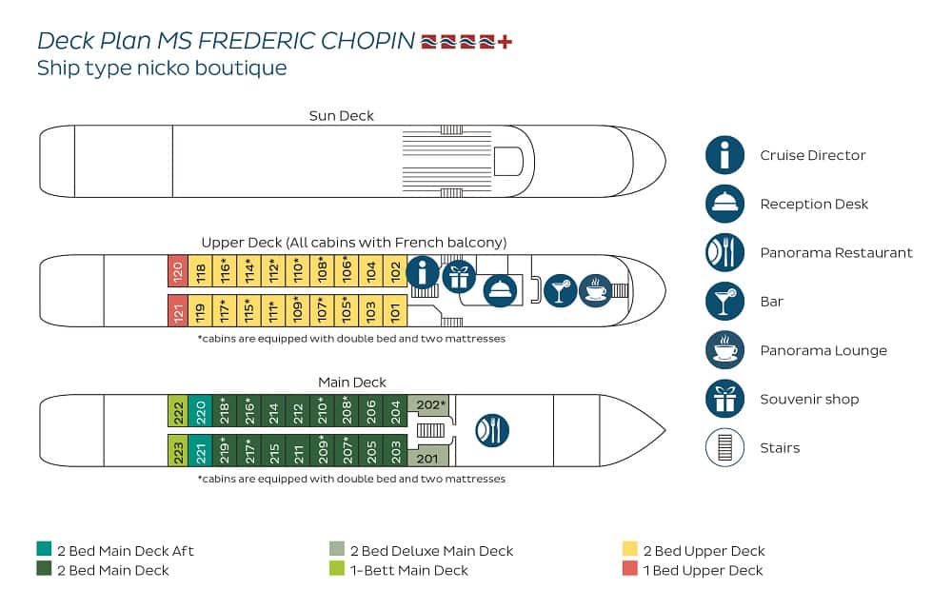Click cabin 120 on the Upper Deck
click(x=178, y=270)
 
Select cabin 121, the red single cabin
click(x=178, y=310)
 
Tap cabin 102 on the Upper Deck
click(x=395, y=270)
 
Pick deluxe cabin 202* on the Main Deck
click(x=430, y=405)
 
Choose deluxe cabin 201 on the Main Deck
click(x=428, y=457)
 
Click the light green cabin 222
click(x=178, y=411)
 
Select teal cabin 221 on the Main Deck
click(x=200, y=451)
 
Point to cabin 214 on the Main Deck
click(x=273, y=411)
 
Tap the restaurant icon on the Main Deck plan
click(x=492, y=431)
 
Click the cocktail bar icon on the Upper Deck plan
click(x=561, y=290)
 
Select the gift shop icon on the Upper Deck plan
click(x=459, y=276)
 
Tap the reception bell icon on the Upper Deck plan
click(x=501, y=290)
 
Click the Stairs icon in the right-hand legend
click(x=724, y=447)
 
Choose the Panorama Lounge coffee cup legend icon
click(x=724, y=350)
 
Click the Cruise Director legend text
click(x=813, y=155)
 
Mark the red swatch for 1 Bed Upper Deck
click(x=630, y=568)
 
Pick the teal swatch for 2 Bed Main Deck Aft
click(x=44, y=549)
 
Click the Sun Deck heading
click(x=341, y=115)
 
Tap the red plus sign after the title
click(x=506, y=42)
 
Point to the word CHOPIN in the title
click(x=367, y=41)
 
